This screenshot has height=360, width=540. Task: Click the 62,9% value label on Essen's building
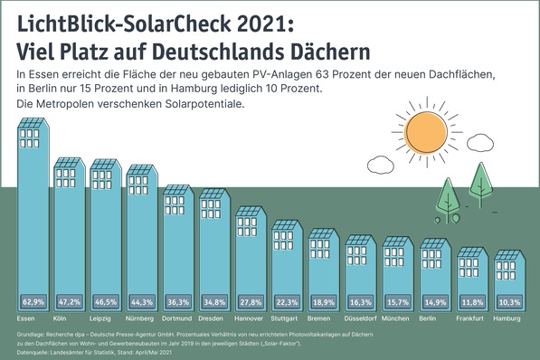pyautogui.click(x=33, y=303)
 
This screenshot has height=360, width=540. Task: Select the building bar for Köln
pyautogui.click(x=70, y=235)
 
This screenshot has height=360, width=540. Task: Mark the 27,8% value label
pyautogui.click(x=252, y=303)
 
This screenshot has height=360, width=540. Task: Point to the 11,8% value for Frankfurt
pyautogui.click(x=471, y=303)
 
